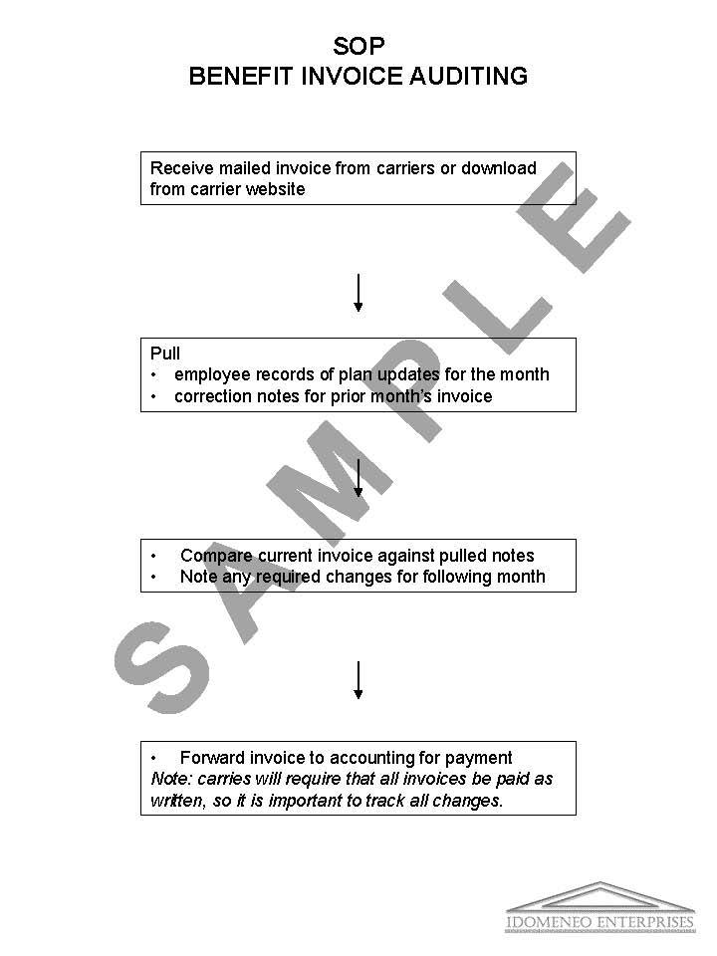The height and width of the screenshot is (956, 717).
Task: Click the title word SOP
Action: [x=358, y=46]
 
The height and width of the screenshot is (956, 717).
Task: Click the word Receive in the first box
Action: [x=181, y=168]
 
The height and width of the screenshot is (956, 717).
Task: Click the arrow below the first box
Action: [x=358, y=293]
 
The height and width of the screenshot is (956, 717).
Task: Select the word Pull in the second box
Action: [x=165, y=354]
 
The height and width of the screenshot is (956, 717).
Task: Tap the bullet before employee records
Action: [x=155, y=375]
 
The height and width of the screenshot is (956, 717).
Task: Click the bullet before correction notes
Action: [x=155, y=397]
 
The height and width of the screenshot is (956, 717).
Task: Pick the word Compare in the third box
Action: [x=215, y=556]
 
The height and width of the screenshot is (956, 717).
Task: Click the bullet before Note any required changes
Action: [x=155, y=578]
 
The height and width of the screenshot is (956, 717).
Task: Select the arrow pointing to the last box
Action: [x=358, y=680]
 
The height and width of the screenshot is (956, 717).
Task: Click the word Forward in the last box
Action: [x=211, y=758]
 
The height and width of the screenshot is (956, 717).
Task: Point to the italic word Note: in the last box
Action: [x=170, y=779]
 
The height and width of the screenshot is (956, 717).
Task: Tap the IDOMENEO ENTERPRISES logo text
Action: [x=599, y=922]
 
